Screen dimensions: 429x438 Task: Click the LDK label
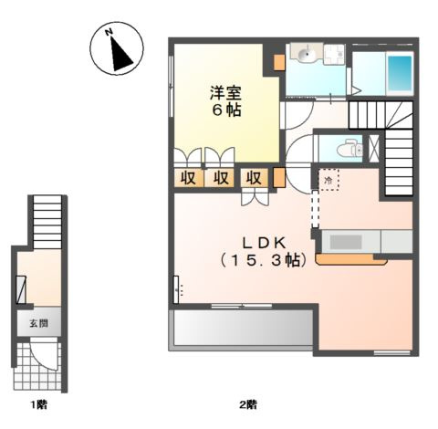pos(265,242)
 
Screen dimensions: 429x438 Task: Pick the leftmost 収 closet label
pos(187,177)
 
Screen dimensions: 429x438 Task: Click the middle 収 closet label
pos(221,177)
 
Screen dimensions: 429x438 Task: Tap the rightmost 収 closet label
pos(255,177)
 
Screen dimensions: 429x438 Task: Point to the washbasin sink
pos(306,58)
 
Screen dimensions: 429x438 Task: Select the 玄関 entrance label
pos(37,323)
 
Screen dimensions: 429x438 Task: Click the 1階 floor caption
pos(36,403)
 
